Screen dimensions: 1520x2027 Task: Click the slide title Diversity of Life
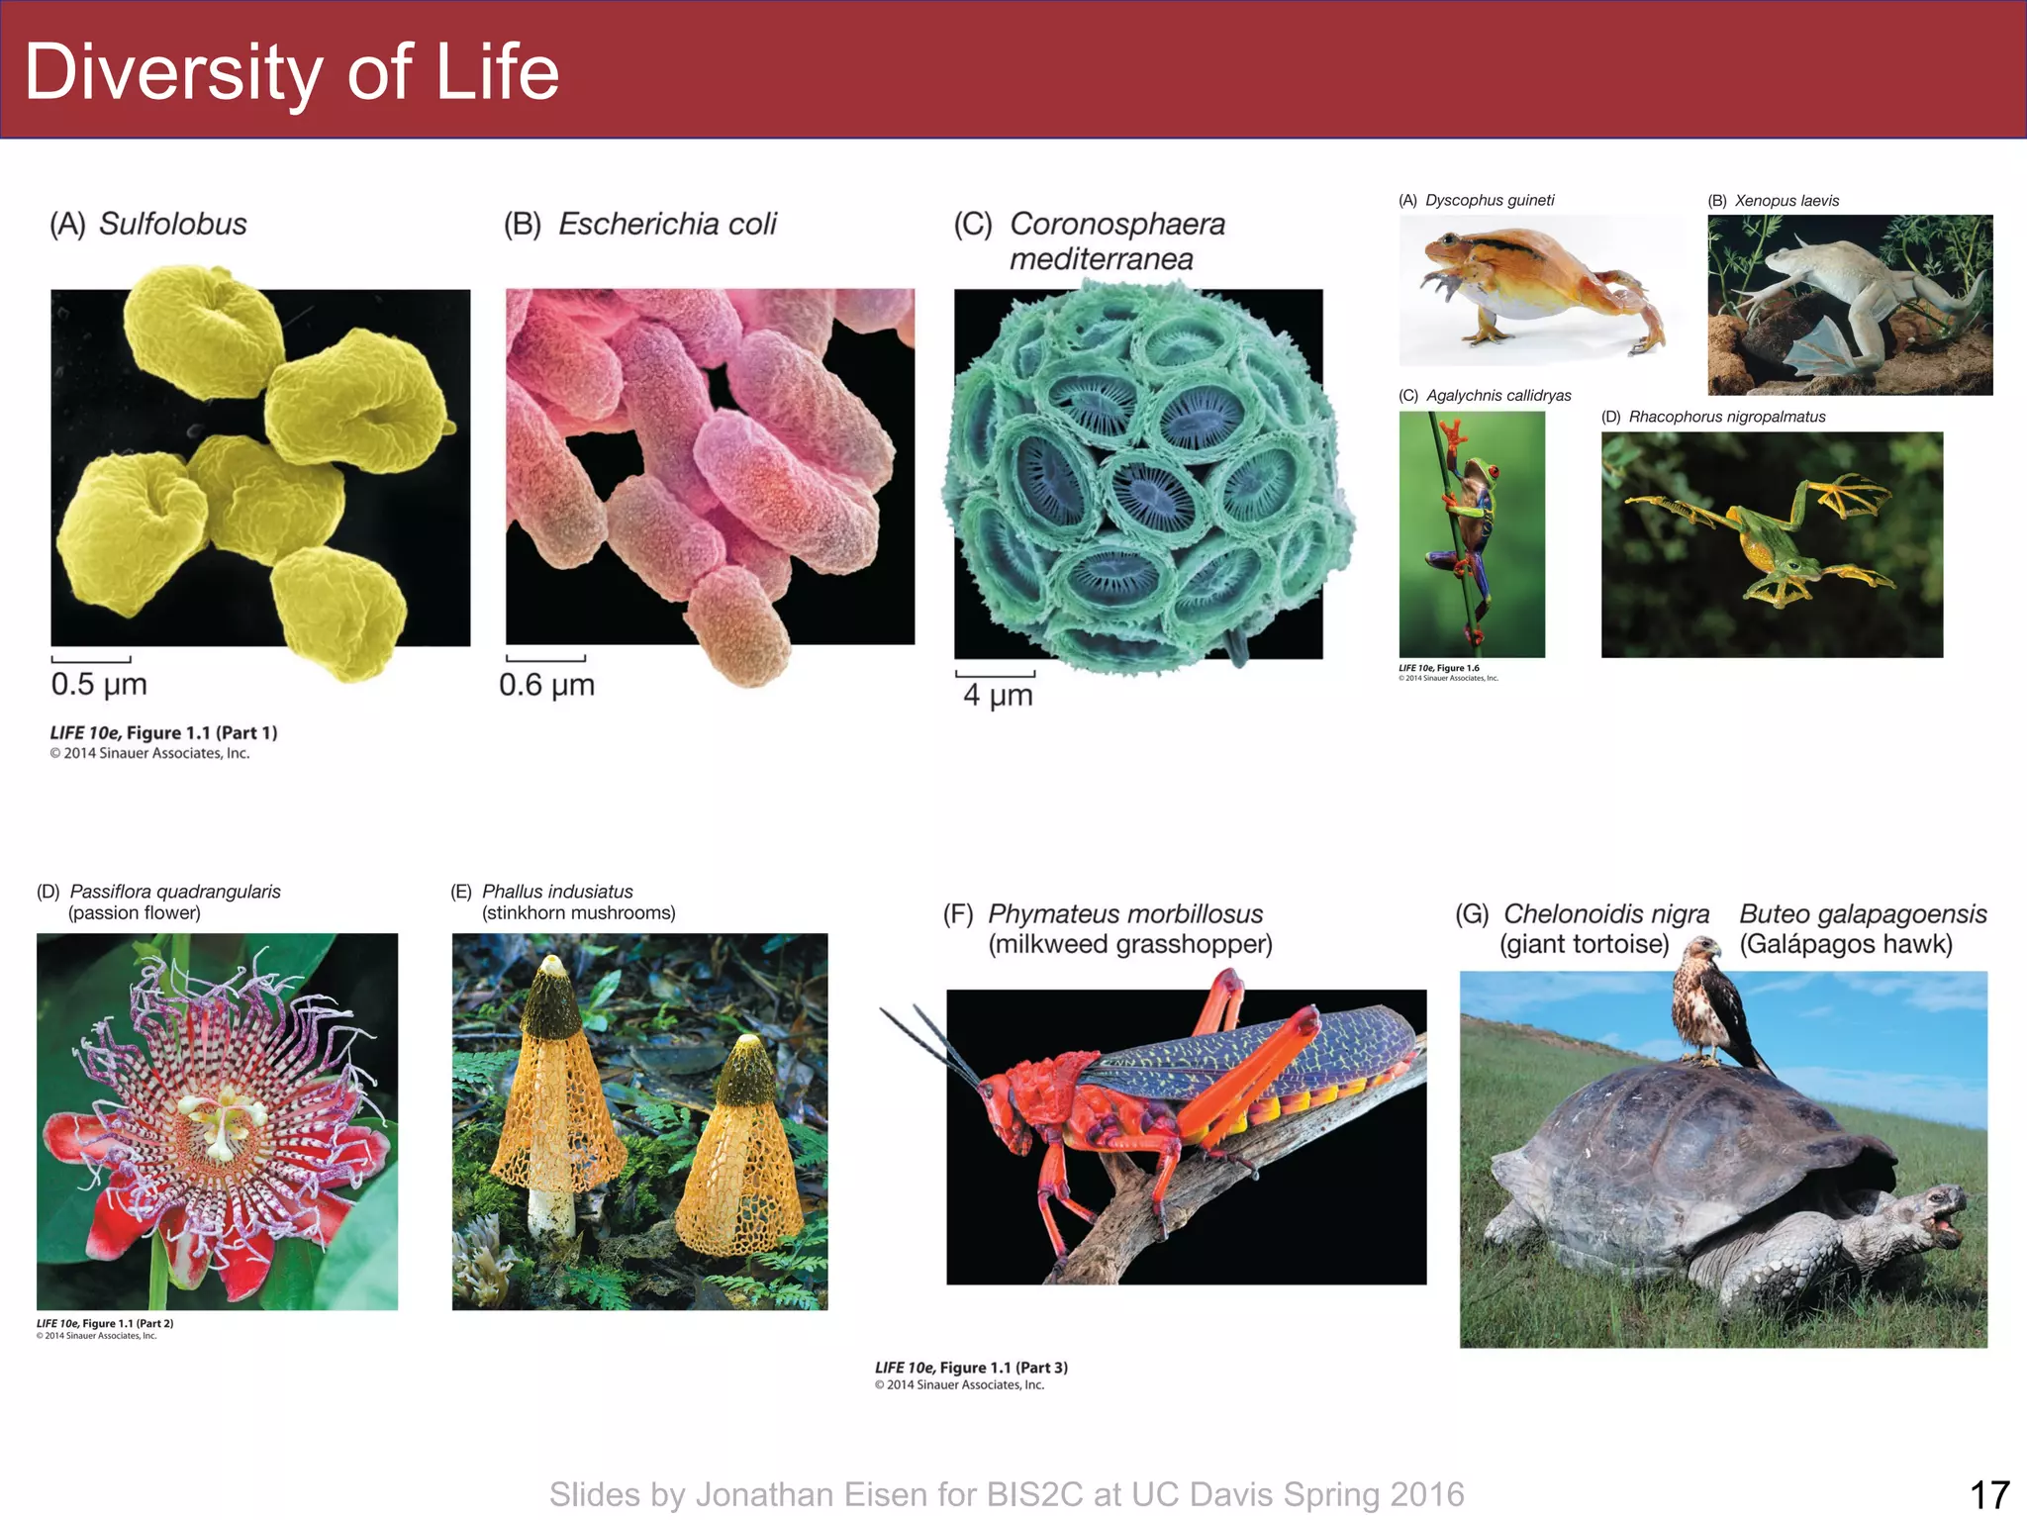[x=292, y=73]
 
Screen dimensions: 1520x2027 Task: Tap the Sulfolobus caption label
[x=172, y=225]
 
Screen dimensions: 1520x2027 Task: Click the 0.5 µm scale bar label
[x=99, y=684]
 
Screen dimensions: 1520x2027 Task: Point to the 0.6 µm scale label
[x=546, y=685]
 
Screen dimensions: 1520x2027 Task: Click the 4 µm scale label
[x=998, y=695]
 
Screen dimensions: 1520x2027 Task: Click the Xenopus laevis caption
[x=1786, y=201]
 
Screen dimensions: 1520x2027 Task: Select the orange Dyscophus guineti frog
[x=1529, y=282]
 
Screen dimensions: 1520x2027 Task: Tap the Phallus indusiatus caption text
[x=557, y=892]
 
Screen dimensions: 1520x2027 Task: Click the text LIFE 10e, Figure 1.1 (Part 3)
[x=971, y=1368]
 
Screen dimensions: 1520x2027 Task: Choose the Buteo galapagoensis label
[x=1863, y=914]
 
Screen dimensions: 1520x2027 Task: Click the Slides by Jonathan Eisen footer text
[x=1007, y=1494]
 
